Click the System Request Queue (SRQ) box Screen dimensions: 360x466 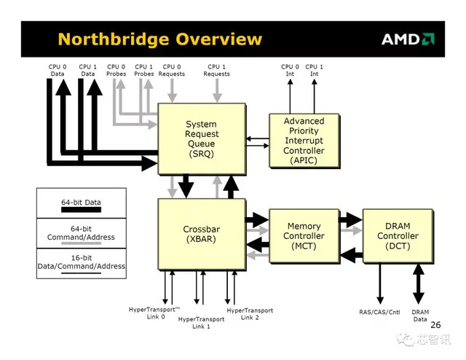[x=200, y=138]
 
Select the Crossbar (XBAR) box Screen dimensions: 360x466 [x=200, y=234]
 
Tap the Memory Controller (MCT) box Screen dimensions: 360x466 [x=304, y=236]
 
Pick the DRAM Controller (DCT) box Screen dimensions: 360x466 [x=398, y=236]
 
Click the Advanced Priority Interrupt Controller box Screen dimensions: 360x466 [x=304, y=141]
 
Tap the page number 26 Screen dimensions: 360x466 [x=435, y=325]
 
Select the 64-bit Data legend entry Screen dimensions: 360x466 [x=81, y=203]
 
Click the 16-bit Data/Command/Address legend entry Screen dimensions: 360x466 [x=81, y=263]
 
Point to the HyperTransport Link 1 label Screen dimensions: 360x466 [x=201, y=323]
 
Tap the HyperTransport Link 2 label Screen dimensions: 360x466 [x=250, y=314]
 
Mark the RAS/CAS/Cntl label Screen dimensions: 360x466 [x=380, y=313]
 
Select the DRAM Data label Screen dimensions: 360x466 [x=420, y=316]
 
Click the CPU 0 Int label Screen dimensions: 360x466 [x=289, y=70]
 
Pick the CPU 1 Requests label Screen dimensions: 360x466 [x=216, y=70]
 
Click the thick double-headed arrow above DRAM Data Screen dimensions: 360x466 [x=419, y=284]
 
